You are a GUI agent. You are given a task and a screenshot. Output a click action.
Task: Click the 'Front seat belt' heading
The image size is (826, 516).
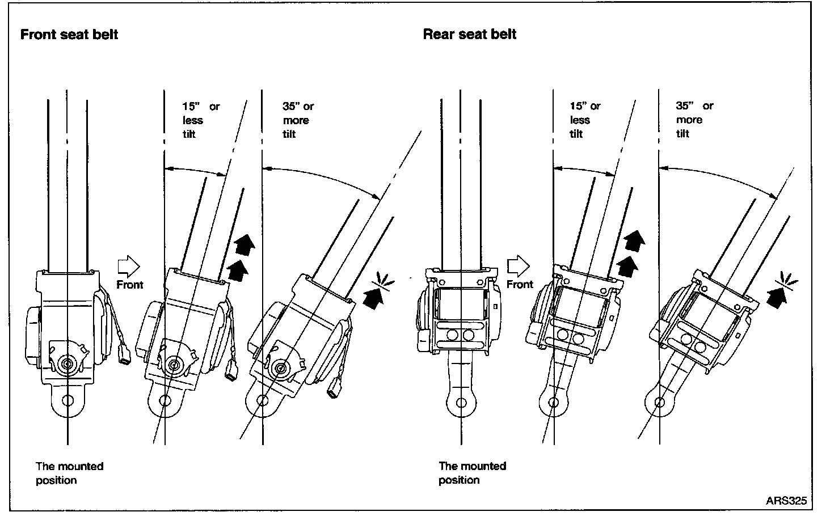[69, 35]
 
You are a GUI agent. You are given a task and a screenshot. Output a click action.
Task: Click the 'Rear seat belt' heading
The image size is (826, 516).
[470, 34]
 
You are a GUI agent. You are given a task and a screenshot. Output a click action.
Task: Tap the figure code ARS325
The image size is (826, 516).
[786, 501]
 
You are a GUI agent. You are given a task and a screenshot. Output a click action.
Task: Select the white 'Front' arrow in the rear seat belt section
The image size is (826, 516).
[517, 265]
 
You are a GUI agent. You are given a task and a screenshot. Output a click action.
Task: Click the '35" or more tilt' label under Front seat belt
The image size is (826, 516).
[298, 120]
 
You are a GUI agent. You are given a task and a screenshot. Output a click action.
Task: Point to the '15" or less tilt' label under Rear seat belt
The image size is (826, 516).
[584, 120]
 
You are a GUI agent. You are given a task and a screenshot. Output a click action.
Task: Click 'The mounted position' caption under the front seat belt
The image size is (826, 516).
[69, 473]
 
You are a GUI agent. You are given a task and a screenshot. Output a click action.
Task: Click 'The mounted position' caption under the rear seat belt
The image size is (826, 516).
[472, 473]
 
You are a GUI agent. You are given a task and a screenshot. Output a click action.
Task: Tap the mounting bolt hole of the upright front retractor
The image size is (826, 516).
[68, 400]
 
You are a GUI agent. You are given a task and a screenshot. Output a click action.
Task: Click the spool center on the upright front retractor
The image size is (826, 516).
[67, 363]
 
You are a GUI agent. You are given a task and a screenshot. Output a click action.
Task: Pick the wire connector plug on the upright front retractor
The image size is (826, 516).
[125, 358]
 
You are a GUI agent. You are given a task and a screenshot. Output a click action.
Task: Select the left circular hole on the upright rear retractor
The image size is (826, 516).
[453, 335]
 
